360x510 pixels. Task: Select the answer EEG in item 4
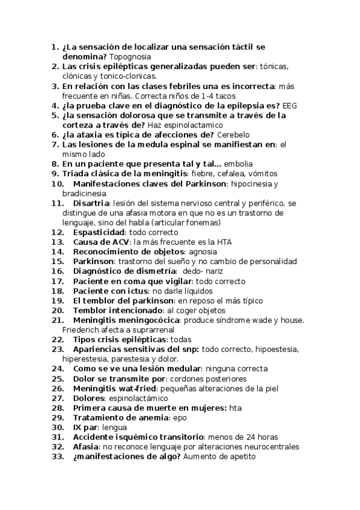coord(290,105)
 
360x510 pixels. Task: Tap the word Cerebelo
coord(233,135)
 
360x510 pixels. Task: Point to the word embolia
coord(239,164)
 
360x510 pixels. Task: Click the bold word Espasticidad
coord(99,232)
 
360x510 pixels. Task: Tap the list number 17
coord(57,281)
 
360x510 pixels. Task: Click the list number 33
coord(57,456)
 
